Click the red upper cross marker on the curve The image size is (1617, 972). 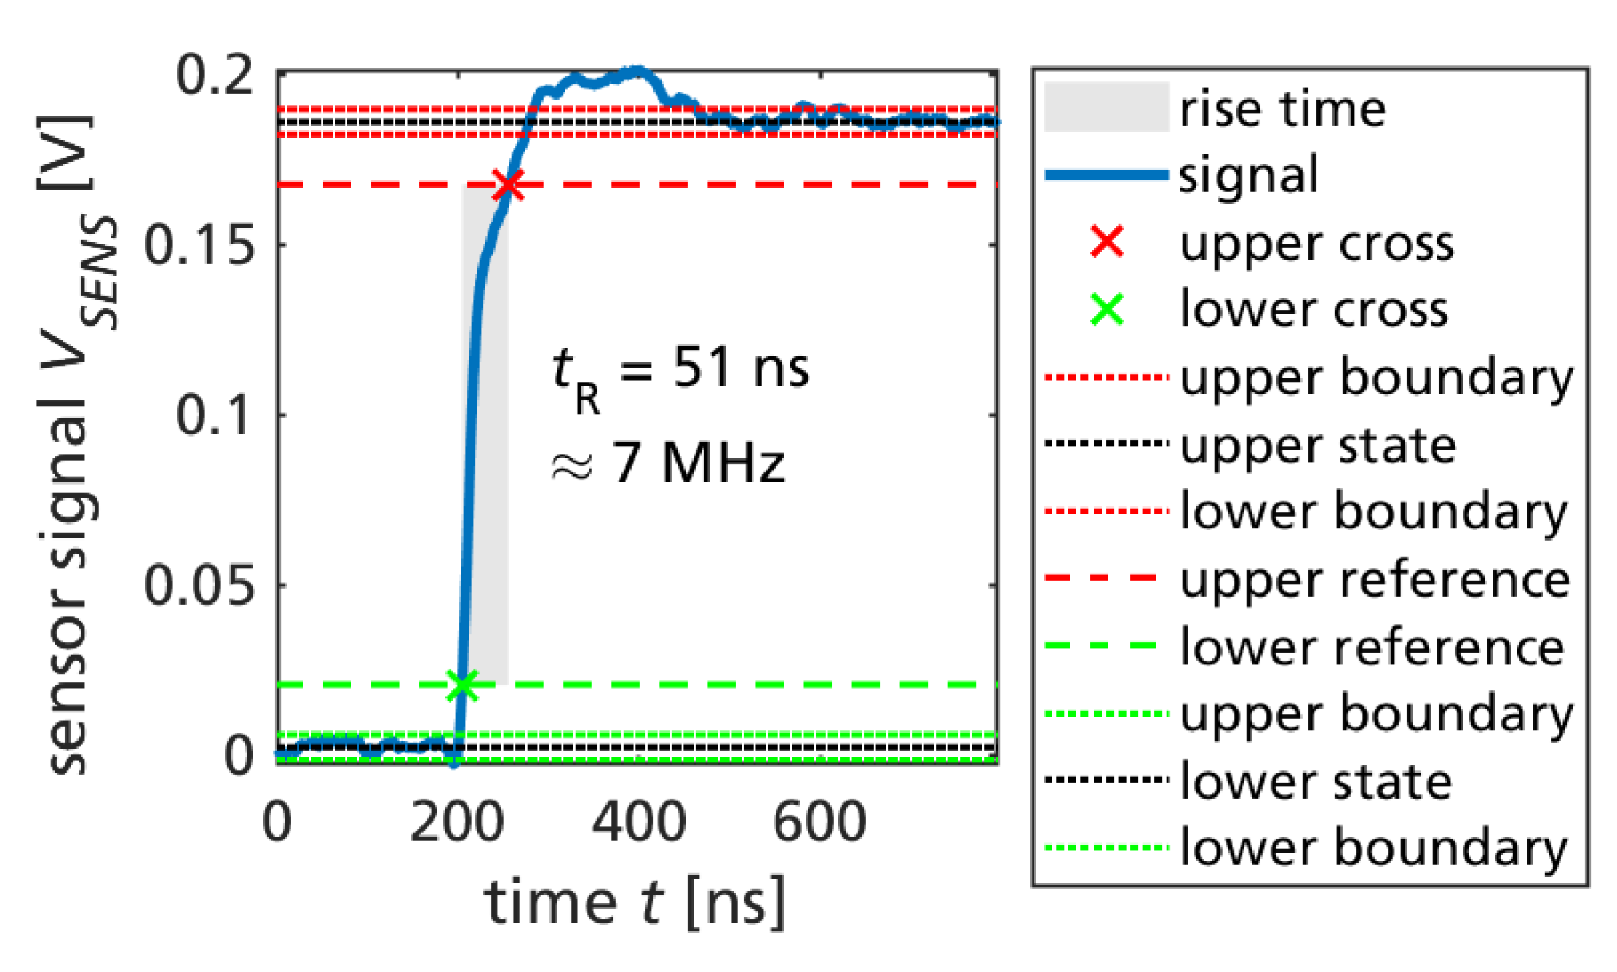[508, 185]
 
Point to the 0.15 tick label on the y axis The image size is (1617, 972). [199, 244]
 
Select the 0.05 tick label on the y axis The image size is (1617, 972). [199, 585]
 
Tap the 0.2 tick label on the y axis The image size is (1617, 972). [215, 74]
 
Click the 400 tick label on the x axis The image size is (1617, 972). [638, 822]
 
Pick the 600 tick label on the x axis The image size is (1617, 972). [819, 822]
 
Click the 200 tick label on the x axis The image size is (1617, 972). [457, 822]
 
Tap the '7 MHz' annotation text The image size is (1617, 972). [699, 463]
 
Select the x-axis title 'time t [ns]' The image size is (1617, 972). [635, 903]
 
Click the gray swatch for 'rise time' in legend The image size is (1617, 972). [1106, 108]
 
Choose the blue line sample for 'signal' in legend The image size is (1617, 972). [1106, 175]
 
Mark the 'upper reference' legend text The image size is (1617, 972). [1375, 580]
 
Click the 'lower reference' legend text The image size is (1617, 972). [1372, 647]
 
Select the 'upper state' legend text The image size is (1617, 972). [1317, 445]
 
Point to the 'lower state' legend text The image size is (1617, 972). [1316, 781]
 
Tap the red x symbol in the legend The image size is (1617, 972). [1108, 242]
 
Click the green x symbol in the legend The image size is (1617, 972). [1108, 309]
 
